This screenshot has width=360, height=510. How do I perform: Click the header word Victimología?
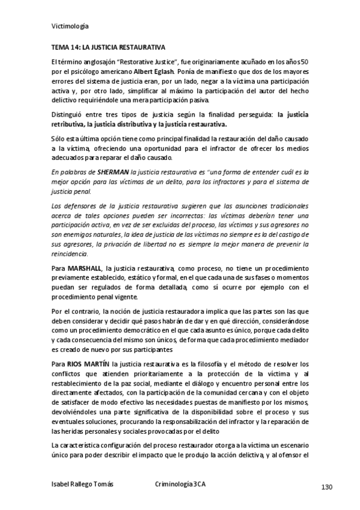(70, 26)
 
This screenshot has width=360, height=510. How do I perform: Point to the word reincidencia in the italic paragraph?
(70, 254)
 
